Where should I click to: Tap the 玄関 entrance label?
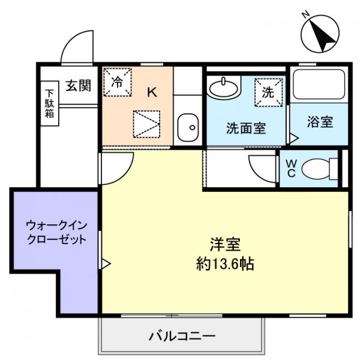78,86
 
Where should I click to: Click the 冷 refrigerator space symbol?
118,83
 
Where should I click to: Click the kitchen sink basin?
188,127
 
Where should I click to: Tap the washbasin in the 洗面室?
224,88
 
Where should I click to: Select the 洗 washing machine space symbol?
268,92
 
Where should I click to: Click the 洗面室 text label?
246,128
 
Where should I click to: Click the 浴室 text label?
319,122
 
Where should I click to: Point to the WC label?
290,167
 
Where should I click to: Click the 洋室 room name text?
225,245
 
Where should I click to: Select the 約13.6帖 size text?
225,263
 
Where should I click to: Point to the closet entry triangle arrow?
106,263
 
